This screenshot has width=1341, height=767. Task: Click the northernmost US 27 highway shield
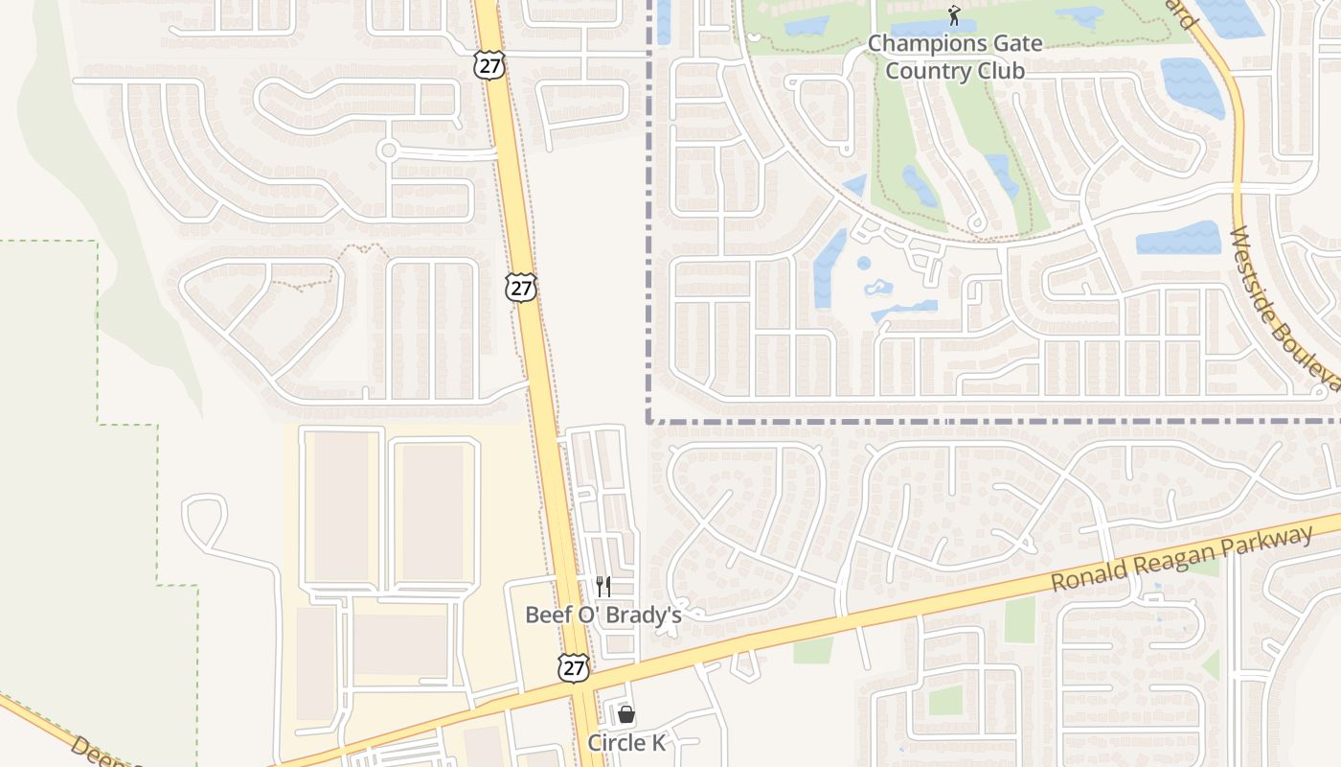pos(489,66)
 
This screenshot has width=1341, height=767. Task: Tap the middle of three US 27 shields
pos(521,288)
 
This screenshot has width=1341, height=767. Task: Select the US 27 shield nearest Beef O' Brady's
pos(573,668)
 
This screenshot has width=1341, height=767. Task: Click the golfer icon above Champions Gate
pos(953,15)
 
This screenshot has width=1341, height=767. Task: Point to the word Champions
pos(924,44)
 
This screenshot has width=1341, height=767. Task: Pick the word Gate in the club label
pos(1014,44)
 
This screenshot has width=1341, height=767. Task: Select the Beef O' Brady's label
pos(603,615)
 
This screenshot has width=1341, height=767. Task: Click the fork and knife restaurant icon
pos(603,586)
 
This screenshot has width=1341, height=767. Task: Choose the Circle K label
pos(625,743)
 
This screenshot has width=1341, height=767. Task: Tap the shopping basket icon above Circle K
pos(625,714)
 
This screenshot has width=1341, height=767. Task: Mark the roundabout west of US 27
pos(388,151)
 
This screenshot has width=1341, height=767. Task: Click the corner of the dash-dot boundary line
pos(649,420)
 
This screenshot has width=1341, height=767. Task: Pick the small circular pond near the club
pos(864,263)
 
